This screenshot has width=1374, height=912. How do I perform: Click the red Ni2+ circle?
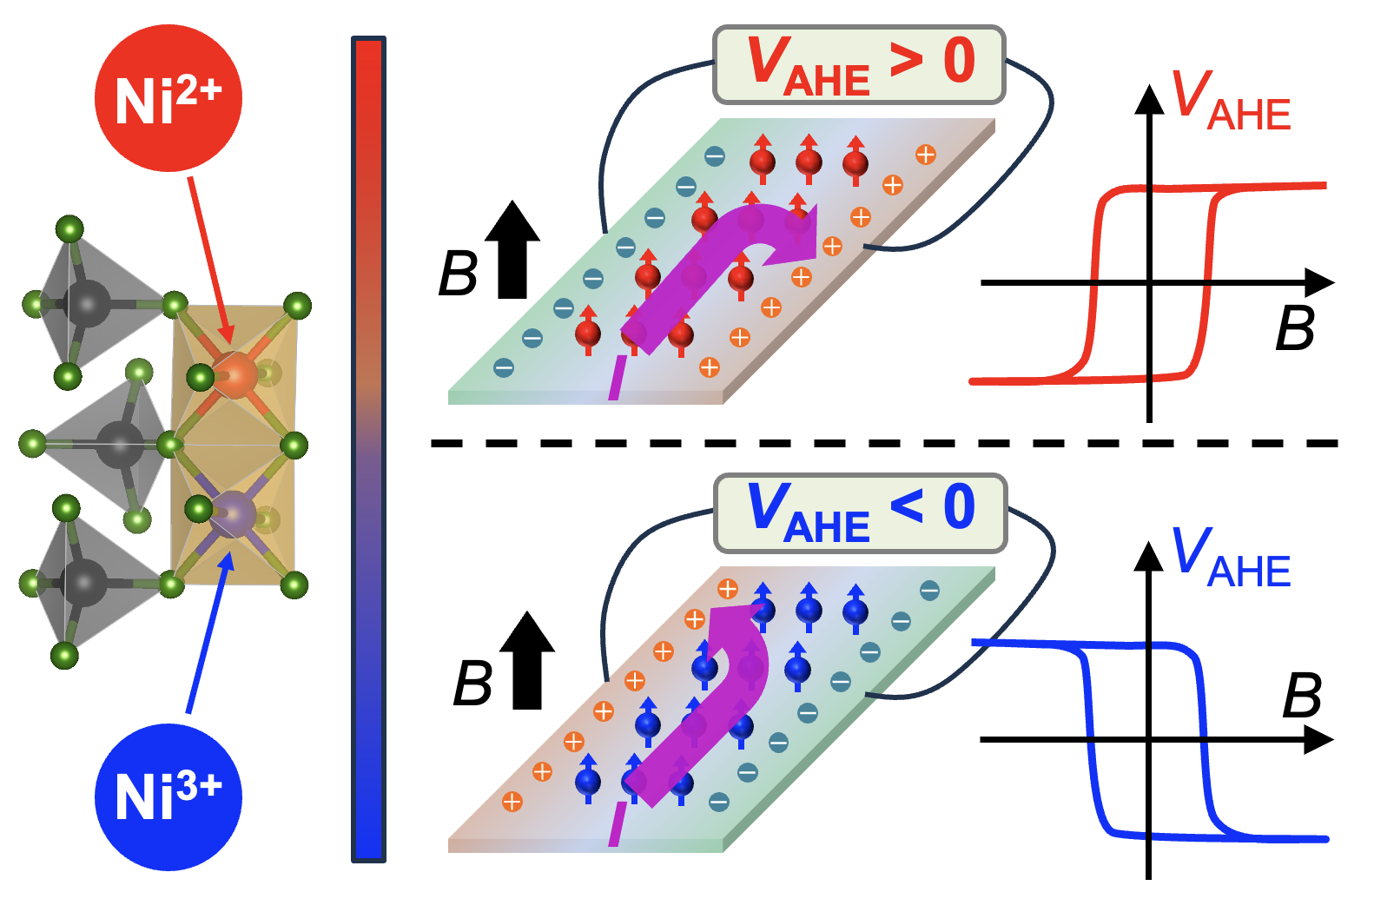168,97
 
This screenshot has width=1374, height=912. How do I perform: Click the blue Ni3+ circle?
168,796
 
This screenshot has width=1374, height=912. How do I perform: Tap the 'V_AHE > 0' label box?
859,65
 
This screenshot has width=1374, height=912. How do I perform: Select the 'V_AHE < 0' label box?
859,512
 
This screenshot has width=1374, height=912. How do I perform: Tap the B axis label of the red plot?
1295,327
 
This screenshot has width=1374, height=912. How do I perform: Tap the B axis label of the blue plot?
1302,696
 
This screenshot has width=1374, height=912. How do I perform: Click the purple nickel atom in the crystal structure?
234,514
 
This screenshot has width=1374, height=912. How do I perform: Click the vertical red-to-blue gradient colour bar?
368,449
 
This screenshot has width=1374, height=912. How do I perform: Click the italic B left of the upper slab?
458,274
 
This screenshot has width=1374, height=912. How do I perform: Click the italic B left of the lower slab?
472,683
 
